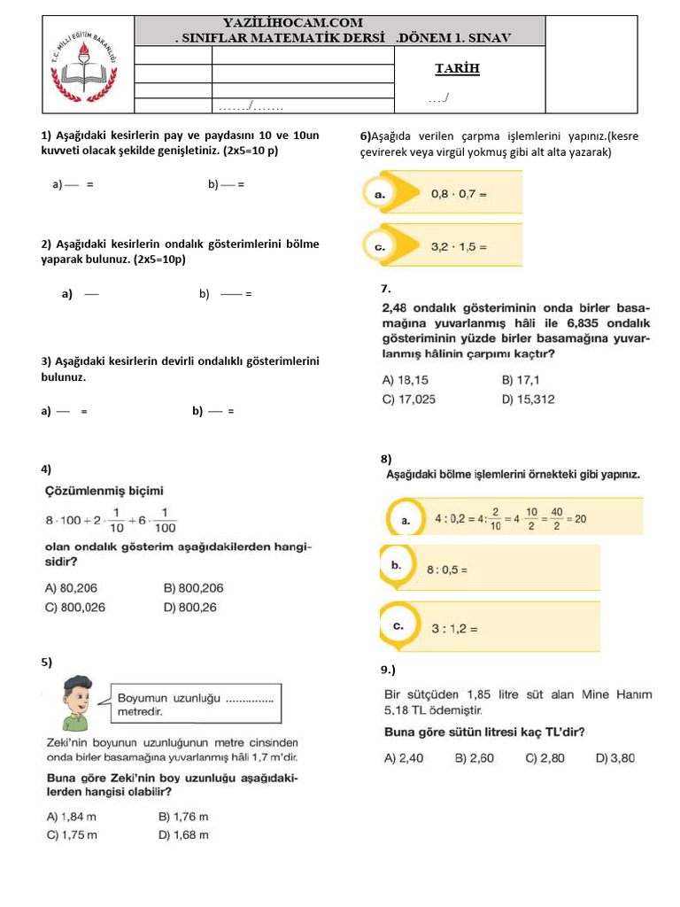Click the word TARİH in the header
457,68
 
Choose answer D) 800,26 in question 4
190,608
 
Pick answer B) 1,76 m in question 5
183,817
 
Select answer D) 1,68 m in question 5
183,834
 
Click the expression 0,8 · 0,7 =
459,193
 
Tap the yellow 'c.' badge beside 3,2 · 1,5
380,247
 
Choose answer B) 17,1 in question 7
521,379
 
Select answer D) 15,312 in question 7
528,399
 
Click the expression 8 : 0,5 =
447,570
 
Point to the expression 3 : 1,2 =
454,629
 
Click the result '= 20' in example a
574,519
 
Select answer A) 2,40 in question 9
403,757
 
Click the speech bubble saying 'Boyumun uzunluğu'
195,704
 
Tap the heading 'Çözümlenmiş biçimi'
104,490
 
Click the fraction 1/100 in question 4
165,520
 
